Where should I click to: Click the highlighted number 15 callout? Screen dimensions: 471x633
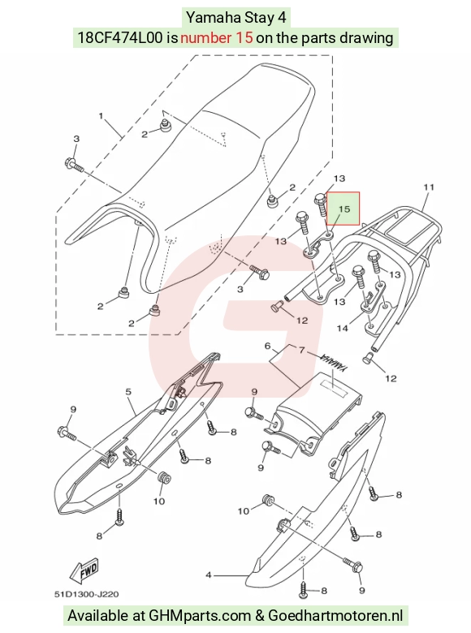pyautogui.click(x=343, y=209)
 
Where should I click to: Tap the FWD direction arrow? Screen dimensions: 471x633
pyautogui.click(x=84, y=571)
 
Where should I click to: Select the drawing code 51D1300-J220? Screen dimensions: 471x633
pyautogui.click(x=86, y=594)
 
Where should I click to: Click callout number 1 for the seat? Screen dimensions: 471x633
pyautogui.click(x=101, y=116)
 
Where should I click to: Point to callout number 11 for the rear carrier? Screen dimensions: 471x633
pyautogui.click(x=429, y=187)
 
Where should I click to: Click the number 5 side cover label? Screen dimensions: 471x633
pyautogui.click(x=128, y=391)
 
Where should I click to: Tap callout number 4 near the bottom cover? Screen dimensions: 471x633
pyautogui.click(x=209, y=575)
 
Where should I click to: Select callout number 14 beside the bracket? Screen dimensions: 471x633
pyautogui.click(x=342, y=328)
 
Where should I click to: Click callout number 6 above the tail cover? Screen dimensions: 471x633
pyautogui.click(x=267, y=346)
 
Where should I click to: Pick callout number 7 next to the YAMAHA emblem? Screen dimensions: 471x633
pyautogui.click(x=302, y=350)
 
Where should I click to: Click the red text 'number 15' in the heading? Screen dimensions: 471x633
pyautogui.click(x=217, y=38)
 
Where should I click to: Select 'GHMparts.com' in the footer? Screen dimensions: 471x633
pyautogui.click(x=200, y=616)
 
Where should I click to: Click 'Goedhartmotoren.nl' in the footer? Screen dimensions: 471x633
pyautogui.click(x=335, y=616)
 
